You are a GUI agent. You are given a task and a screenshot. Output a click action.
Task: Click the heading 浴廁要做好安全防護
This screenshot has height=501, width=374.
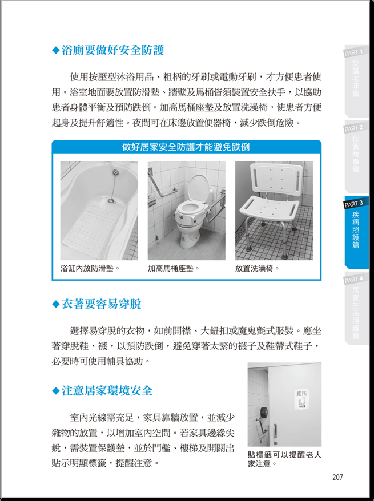click(112, 50)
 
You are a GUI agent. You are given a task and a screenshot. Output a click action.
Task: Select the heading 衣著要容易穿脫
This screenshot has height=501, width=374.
click(101, 304)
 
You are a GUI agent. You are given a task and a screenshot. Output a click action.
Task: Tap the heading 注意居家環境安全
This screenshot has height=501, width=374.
click(107, 390)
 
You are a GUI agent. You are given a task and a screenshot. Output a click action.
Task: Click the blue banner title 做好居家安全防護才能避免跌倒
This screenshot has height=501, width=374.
click(186, 147)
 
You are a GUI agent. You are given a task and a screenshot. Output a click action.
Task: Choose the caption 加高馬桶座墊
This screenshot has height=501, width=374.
click(173, 268)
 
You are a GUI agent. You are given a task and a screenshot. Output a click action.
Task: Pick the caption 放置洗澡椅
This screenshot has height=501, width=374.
click(258, 268)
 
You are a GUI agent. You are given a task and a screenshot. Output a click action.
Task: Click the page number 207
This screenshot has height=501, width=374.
click(337, 477)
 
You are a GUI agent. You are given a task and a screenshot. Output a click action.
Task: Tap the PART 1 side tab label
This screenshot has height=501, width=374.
click(353, 52)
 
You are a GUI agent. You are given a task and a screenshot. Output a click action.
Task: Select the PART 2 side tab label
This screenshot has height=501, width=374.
click(353, 128)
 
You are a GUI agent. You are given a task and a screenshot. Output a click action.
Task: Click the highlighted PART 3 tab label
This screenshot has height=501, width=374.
click(353, 204)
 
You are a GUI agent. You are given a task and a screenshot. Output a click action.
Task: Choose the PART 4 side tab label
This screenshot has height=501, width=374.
click(353, 280)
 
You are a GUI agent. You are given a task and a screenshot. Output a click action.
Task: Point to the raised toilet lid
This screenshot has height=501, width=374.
click(198, 188)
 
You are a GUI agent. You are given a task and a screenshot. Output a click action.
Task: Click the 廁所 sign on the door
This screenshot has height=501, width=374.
click(301, 399)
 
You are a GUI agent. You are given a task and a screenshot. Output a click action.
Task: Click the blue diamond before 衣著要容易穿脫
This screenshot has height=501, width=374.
click(55, 304)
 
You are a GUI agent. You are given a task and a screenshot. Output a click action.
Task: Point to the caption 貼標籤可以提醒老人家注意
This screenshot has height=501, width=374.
click(284, 459)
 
